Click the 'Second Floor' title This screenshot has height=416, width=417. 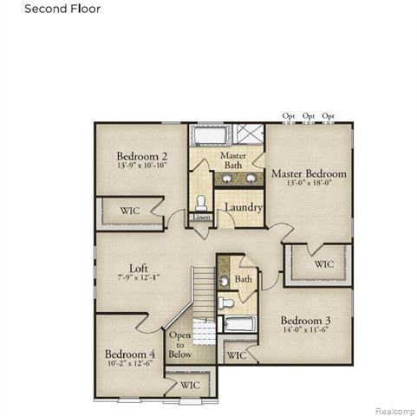62,10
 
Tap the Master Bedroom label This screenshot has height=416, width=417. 309,173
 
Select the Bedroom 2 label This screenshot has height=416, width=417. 142,158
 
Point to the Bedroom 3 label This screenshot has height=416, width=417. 304,321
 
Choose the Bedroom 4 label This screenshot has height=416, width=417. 130,354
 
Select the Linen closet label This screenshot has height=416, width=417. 201,218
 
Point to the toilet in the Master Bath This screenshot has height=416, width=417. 201,201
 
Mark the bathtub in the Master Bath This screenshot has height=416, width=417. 208,136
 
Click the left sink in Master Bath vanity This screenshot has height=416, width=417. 226,179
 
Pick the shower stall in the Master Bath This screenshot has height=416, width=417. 250,135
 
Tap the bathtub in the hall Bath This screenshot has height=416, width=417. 238,325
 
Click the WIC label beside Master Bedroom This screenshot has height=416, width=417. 323,264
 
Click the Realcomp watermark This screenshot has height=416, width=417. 394,409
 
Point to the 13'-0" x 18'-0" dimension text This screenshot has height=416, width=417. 309,184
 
